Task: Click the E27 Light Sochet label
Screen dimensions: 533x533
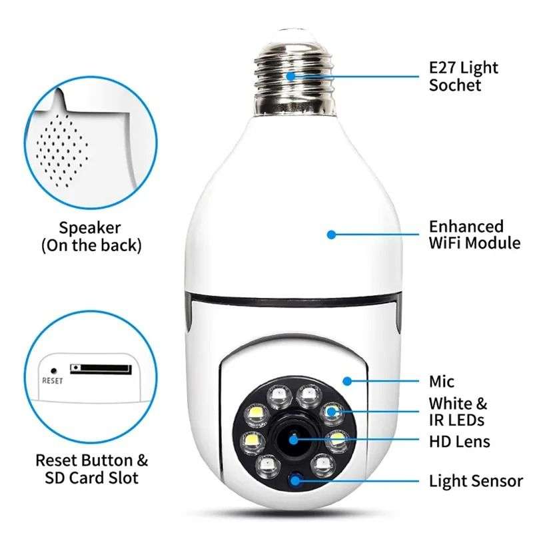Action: (x=463, y=77)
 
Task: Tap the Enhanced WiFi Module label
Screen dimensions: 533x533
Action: (x=474, y=235)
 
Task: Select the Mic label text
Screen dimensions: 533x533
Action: (x=442, y=382)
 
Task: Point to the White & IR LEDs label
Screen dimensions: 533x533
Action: (x=458, y=412)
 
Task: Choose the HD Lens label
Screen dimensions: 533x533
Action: (x=459, y=441)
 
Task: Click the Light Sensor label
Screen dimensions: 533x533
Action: (x=476, y=480)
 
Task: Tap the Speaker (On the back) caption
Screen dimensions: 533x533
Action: (x=91, y=236)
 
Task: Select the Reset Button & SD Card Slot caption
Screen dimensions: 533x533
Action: (x=91, y=469)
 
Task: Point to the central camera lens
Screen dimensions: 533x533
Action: (x=294, y=439)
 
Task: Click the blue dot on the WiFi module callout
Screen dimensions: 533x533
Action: (x=331, y=235)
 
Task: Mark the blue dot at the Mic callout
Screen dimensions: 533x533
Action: (x=346, y=381)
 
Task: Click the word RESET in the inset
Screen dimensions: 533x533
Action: (x=52, y=382)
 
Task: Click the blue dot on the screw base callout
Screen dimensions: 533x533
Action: (x=291, y=75)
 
